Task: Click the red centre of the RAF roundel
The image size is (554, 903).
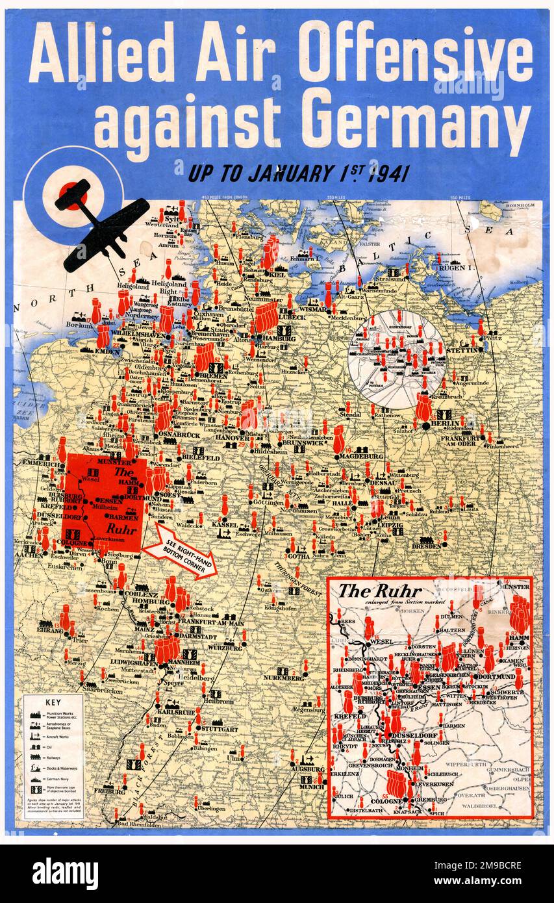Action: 72,194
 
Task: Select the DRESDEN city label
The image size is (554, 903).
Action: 427,546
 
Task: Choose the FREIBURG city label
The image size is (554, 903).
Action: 110,791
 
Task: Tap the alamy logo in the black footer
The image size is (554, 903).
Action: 65,873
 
